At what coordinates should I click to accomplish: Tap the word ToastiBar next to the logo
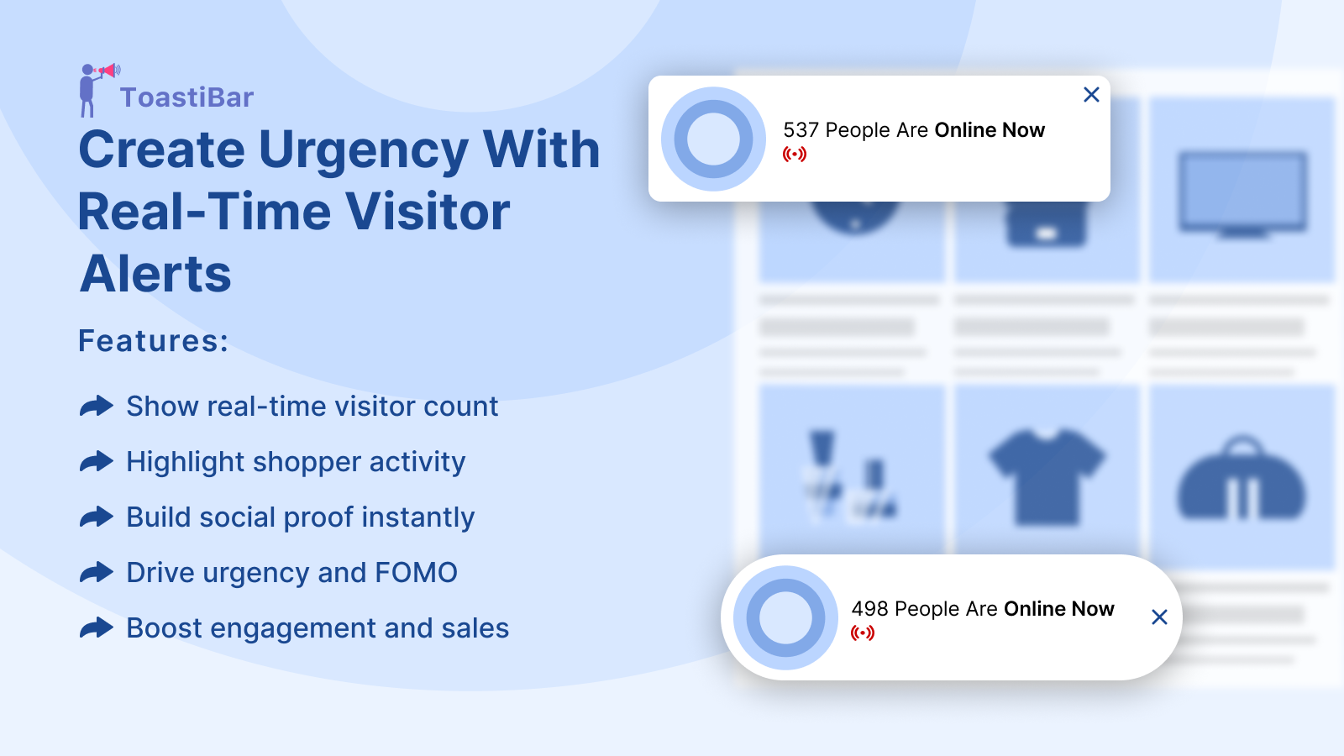[x=186, y=97]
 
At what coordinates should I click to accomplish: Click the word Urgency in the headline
[x=363, y=151]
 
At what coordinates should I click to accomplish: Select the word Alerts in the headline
[x=155, y=274]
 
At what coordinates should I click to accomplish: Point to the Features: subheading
[x=154, y=341]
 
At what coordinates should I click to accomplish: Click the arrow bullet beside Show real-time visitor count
[x=96, y=407]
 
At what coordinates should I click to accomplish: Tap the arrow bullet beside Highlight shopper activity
[x=96, y=461]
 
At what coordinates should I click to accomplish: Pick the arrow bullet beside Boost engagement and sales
[x=96, y=627]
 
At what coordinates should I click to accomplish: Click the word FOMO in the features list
[x=416, y=572]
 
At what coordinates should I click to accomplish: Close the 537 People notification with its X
[x=1091, y=95]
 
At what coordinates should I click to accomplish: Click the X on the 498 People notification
[x=1159, y=617]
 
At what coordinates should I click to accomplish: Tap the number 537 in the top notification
[x=801, y=130]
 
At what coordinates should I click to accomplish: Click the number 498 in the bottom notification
[x=869, y=609]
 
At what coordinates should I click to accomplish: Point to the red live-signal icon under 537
[x=795, y=155]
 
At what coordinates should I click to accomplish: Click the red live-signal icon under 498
[x=862, y=633]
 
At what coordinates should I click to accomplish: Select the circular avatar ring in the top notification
[x=680, y=139]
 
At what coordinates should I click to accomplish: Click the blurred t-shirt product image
[x=1047, y=477]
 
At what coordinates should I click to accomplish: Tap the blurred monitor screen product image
[x=1242, y=193]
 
